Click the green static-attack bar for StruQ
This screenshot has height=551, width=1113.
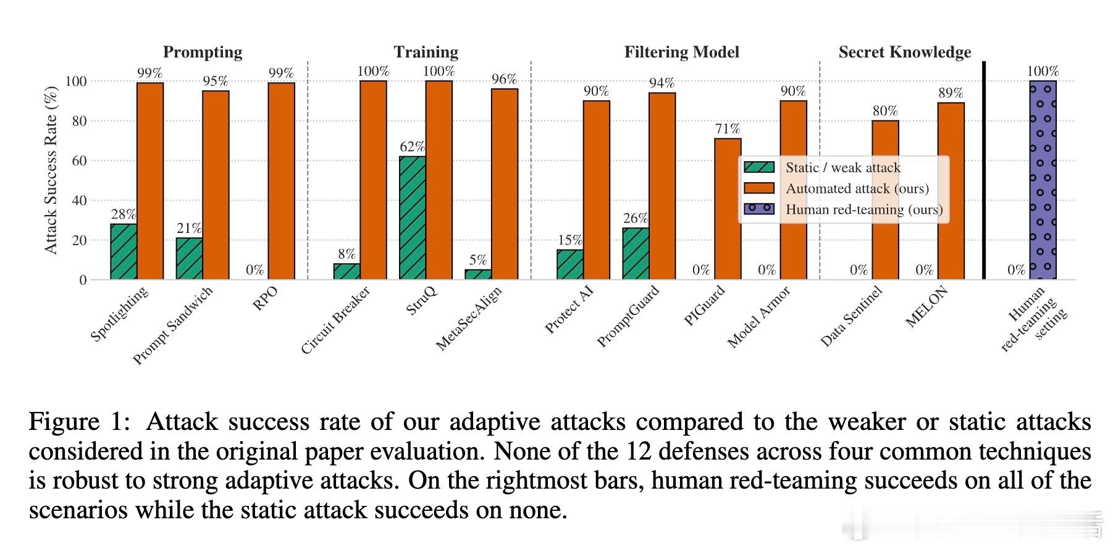(x=412, y=217)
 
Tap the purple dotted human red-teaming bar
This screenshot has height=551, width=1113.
(x=1043, y=180)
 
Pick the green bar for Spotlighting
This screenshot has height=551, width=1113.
(x=124, y=251)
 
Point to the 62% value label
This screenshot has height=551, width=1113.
(x=412, y=146)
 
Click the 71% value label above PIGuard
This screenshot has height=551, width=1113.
(x=728, y=128)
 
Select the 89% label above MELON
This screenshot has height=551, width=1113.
(x=951, y=93)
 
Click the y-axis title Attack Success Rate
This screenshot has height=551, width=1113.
(x=51, y=170)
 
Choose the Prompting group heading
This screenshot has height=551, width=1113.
(x=203, y=52)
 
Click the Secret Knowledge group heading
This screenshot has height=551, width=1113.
(x=904, y=52)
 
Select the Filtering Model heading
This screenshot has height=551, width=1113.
(x=681, y=52)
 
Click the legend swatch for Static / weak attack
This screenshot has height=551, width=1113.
(x=759, y=167)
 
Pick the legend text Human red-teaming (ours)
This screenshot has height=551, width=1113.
(x=864, y=209)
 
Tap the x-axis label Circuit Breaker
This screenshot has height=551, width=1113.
(x=335, y=320)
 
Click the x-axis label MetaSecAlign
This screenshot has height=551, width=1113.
(x=469, y=318)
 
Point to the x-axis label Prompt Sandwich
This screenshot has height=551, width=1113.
(x=174, y=325)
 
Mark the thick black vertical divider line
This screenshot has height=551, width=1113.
(x=984, y=170)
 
